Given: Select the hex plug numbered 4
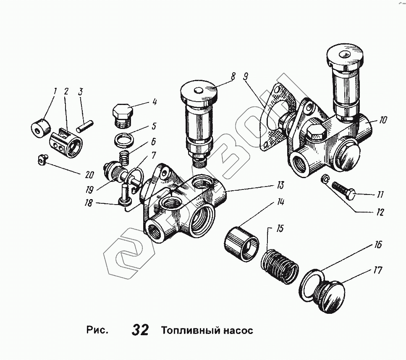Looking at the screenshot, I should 123,114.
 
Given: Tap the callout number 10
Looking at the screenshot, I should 382,120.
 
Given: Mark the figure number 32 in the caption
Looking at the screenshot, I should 140,330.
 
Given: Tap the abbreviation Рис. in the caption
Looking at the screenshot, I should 97,330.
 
